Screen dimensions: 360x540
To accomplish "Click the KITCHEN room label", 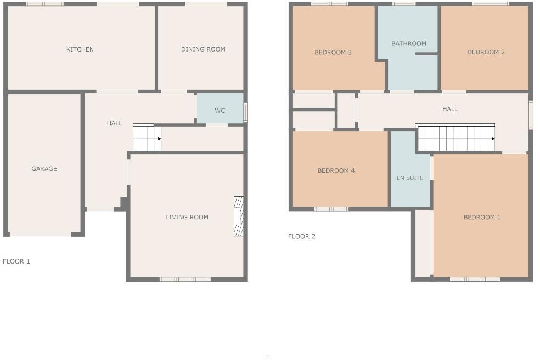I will tap(80, 49).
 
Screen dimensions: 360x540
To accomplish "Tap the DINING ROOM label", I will tap(203, 49).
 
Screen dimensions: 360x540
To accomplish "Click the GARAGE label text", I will tap(44, 169).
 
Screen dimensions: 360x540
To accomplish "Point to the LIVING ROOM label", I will tap(187, 217).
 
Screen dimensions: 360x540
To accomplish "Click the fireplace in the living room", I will tap(239, 216).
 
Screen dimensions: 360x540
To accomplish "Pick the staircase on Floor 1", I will tap(147, 138).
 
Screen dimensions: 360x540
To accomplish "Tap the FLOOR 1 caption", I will tap(16, 261).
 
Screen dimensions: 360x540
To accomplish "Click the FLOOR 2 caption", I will tap(302, 237).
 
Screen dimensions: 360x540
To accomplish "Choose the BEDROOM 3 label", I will tap(333, 53).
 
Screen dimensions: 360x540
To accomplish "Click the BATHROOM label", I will tap(409, 44).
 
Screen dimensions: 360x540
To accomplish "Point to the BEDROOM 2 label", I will tap(486, 52).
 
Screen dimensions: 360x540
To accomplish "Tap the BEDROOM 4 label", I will tap(336, 171).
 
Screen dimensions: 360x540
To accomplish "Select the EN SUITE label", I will tap(410, 178).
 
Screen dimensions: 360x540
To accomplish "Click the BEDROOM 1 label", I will tap(482, 218).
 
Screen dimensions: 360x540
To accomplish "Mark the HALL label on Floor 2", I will tap(450, 109).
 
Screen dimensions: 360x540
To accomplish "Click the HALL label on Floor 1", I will tap(115, 123).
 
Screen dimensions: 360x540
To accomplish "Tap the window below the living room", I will tap(185, 279).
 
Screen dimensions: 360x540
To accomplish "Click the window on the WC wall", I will tap(246, 112).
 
